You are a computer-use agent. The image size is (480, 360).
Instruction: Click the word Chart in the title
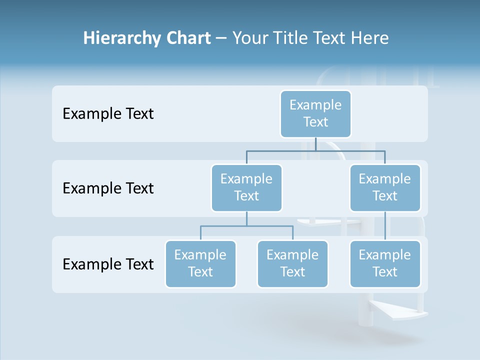[188, 38]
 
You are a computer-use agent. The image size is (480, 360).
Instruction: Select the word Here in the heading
[370, 38]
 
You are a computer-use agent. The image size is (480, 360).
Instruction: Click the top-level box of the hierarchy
[315, 113]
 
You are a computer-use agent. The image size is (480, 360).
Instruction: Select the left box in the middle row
[246, 187]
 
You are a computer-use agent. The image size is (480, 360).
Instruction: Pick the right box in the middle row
[385, 187]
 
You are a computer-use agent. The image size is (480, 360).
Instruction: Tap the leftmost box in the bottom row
[200, 263]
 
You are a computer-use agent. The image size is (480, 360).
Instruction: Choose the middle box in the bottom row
[292, 263]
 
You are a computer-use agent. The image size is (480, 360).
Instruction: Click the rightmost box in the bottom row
[385, 263]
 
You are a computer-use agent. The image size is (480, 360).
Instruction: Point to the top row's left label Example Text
[108, 113]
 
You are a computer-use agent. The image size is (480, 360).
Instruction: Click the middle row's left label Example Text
[108, 188]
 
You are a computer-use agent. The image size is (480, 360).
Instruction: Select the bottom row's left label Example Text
[108, 264]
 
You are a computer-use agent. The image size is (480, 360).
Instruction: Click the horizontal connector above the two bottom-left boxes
[246, 226]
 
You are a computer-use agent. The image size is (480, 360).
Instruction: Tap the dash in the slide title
[221, 38]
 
